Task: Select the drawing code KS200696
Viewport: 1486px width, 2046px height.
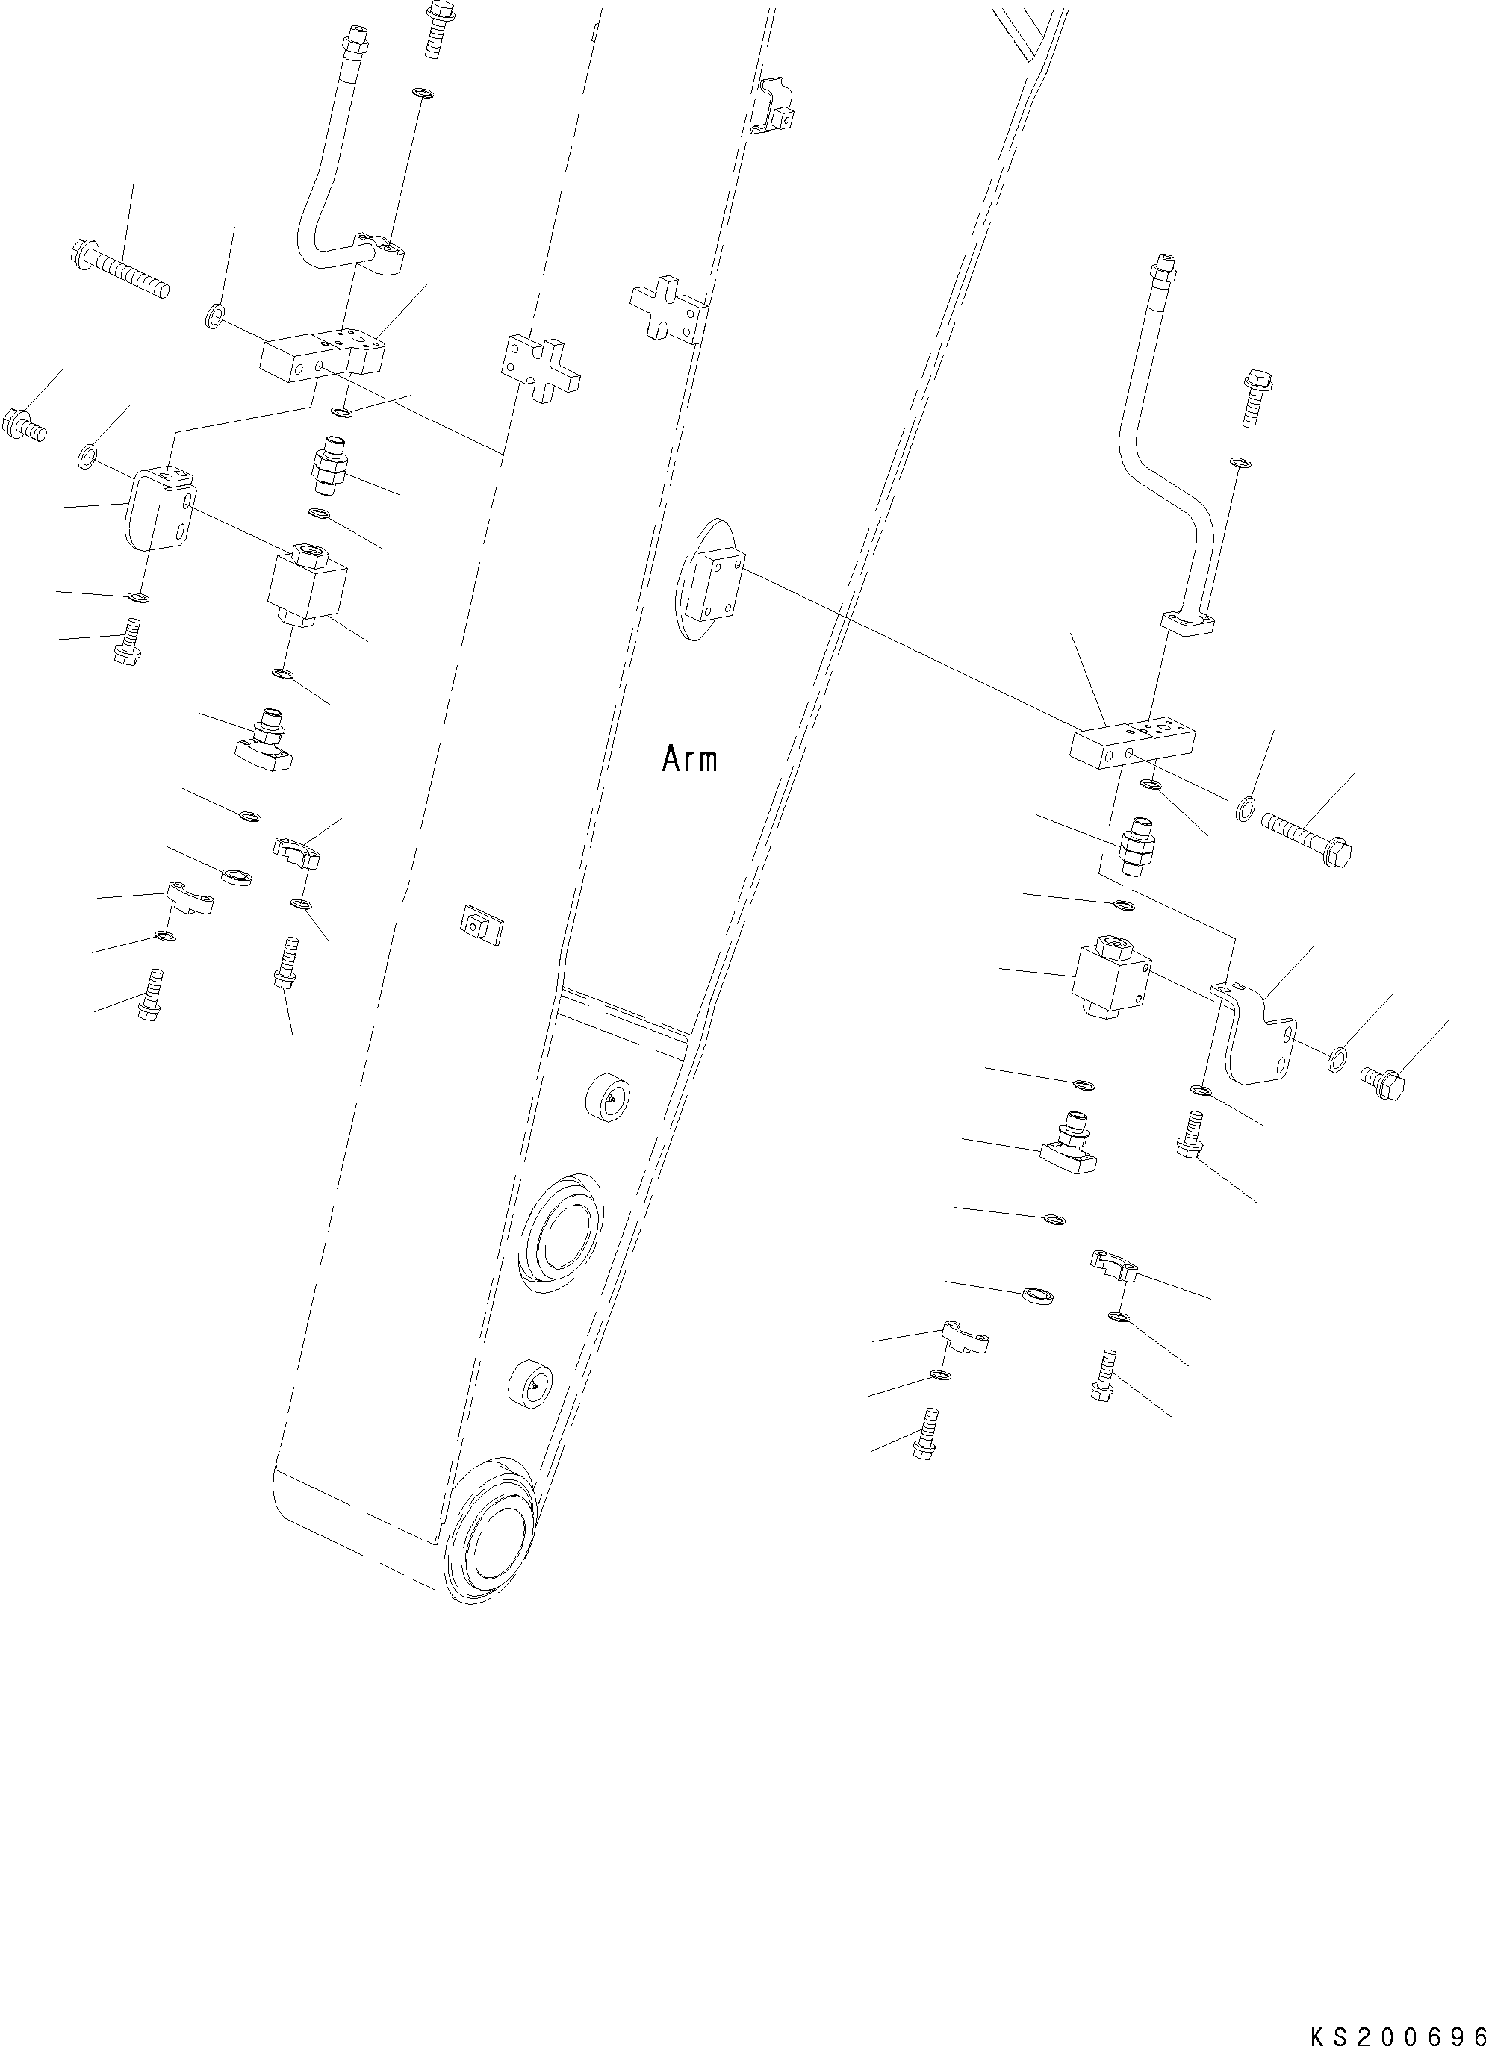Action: tap(1396, 2030)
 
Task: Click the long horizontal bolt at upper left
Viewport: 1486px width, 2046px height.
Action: tap(119, 269)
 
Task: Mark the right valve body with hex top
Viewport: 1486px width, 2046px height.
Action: tap(1112, 977)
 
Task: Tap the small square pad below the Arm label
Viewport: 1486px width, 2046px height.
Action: tap(481, 923)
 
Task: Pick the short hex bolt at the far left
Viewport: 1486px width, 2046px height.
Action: tap(25, 424)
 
